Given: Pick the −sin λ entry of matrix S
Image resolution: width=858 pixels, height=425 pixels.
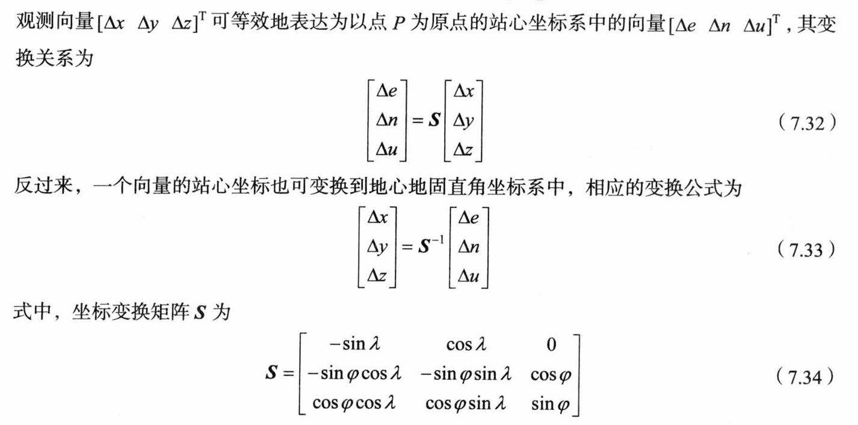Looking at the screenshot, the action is click(x=353, y=344).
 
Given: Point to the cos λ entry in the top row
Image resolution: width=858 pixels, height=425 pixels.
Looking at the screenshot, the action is click(x=466, y=344).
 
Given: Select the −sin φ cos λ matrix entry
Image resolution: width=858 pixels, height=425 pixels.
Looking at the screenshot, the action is click(x=353, y=375).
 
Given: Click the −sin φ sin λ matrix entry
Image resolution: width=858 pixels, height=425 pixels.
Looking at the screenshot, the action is click(x=466, y=375).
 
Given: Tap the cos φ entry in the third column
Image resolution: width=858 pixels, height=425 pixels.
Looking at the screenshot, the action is click(x=552, y=375).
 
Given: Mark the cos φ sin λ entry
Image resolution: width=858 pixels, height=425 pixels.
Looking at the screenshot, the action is click(x=466, y=403).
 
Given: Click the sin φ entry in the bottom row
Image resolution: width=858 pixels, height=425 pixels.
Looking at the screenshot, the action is click(x=552, y=403).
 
